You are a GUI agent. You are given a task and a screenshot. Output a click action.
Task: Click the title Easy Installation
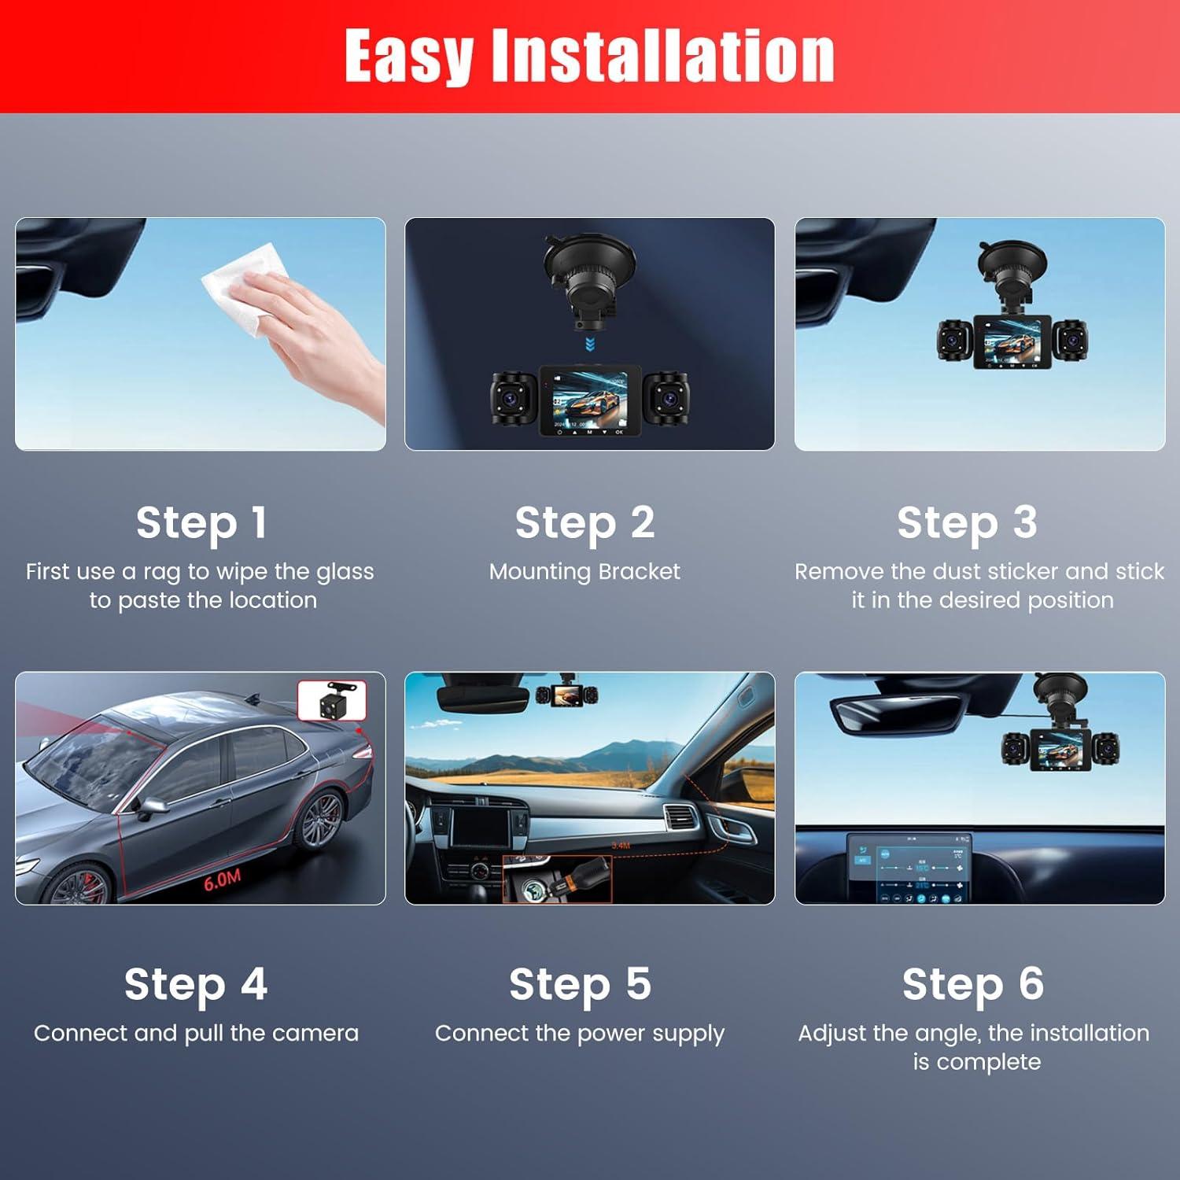coord(589,57)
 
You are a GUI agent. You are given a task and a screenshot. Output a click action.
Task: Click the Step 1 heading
coord(201,523)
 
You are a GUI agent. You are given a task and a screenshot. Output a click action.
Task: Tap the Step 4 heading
coord(196,984)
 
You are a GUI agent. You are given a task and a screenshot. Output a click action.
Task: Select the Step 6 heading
coord(973,984)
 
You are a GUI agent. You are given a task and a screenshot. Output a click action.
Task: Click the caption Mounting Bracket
coord(584,572)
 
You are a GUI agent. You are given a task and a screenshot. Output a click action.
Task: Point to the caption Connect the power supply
coord(580,1034)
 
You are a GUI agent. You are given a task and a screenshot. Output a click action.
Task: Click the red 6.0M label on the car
coord(223,880)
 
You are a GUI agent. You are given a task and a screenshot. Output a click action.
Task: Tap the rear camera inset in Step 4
coord(332,700)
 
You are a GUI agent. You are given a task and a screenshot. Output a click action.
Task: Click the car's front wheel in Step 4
coord(79,887)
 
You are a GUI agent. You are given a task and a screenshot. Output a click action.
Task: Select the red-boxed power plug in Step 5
coord(557,879)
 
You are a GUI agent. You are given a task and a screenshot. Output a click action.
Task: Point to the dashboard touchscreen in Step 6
coord(909,869)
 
